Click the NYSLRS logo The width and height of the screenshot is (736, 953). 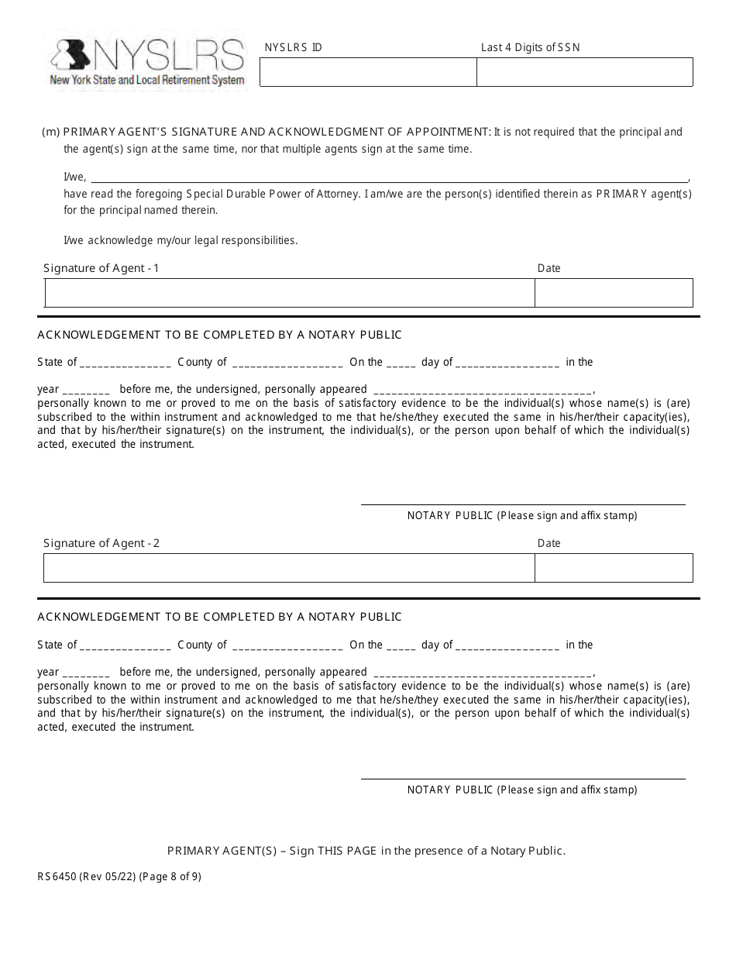[147, 63]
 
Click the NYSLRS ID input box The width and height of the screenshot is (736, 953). [367, 73]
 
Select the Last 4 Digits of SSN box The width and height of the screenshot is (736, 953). [584, 73]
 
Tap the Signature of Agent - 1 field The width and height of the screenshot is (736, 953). [290, 294]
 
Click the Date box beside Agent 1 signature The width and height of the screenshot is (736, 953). [614, 294]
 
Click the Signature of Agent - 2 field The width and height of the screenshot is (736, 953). [289, 568]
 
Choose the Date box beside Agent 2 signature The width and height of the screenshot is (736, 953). [614, 568]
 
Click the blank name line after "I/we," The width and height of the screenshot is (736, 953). [387, 177]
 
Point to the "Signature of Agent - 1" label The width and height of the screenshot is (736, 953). [101, 268]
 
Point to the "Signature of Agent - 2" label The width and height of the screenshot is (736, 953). [101, 543]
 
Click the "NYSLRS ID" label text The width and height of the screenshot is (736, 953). [293, 47]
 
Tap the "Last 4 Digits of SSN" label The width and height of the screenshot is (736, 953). [530, 47]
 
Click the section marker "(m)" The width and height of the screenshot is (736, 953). [50, 132]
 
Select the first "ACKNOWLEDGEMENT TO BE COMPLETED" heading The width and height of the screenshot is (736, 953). [219, 335]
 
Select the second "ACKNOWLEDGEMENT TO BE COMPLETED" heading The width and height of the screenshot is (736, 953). [219, 617]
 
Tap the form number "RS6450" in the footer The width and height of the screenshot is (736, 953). [56, 877]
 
